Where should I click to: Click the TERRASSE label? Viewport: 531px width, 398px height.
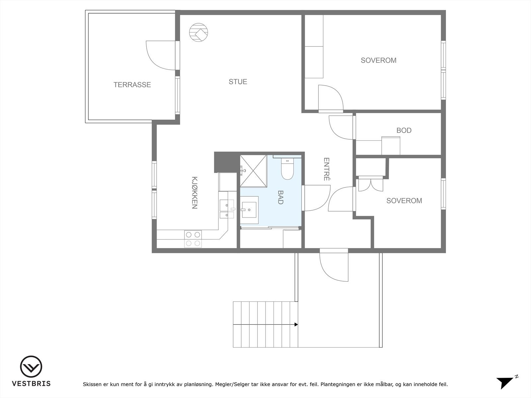coord(132,85)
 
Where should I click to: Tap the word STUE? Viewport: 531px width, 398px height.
coord(238,82)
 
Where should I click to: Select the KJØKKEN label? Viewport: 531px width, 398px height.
coord(194,193)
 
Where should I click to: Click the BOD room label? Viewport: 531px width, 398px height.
coord(404,130)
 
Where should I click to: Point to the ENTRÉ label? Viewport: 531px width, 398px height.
coord(327,169)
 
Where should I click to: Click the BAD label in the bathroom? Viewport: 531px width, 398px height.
coord(280,197)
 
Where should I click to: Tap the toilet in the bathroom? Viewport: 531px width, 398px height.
coord(287,169)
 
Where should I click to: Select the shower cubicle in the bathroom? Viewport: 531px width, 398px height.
coord(253,171)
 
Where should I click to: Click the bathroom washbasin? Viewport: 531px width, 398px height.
coord(249,210)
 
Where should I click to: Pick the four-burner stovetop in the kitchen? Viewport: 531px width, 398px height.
coord(193,239)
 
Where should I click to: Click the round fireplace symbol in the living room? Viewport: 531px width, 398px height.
coord(198,32)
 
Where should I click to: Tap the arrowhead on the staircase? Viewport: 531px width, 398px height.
coord(296,325)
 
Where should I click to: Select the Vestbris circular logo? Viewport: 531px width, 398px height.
coord(31,366)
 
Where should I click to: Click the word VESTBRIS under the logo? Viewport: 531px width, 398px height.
coord(31,383)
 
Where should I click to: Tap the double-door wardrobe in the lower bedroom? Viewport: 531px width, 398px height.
coord(371,184)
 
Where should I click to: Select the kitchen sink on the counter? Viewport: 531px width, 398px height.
coord(227,209)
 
